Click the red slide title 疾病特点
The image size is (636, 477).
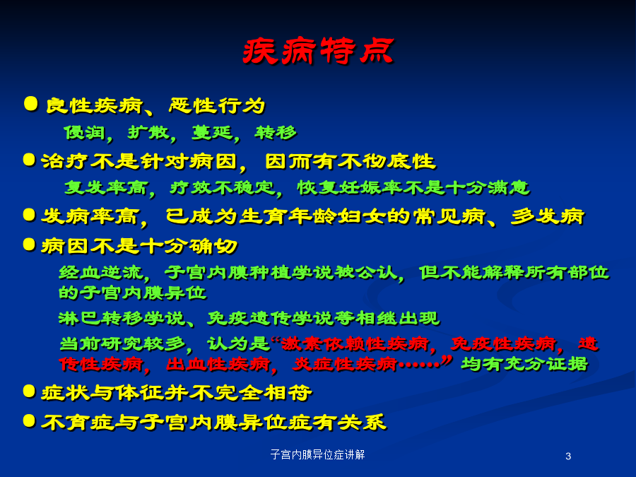319,52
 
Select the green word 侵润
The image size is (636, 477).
85,133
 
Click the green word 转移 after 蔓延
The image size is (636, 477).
276,133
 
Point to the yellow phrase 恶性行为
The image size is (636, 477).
217,106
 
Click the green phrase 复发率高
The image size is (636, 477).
106,187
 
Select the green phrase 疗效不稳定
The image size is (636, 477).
223,187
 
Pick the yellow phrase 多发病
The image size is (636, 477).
548,216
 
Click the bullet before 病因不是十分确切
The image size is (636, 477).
29,245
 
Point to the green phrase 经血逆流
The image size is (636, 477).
101,272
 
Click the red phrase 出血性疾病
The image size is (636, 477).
218,364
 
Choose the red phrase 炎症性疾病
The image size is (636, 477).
345,364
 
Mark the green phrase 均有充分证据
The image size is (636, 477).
525,364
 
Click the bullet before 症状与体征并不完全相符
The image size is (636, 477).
29,391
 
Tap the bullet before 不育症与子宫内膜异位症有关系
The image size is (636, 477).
29,420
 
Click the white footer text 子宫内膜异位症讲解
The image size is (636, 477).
317,454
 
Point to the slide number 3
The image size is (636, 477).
568,457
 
